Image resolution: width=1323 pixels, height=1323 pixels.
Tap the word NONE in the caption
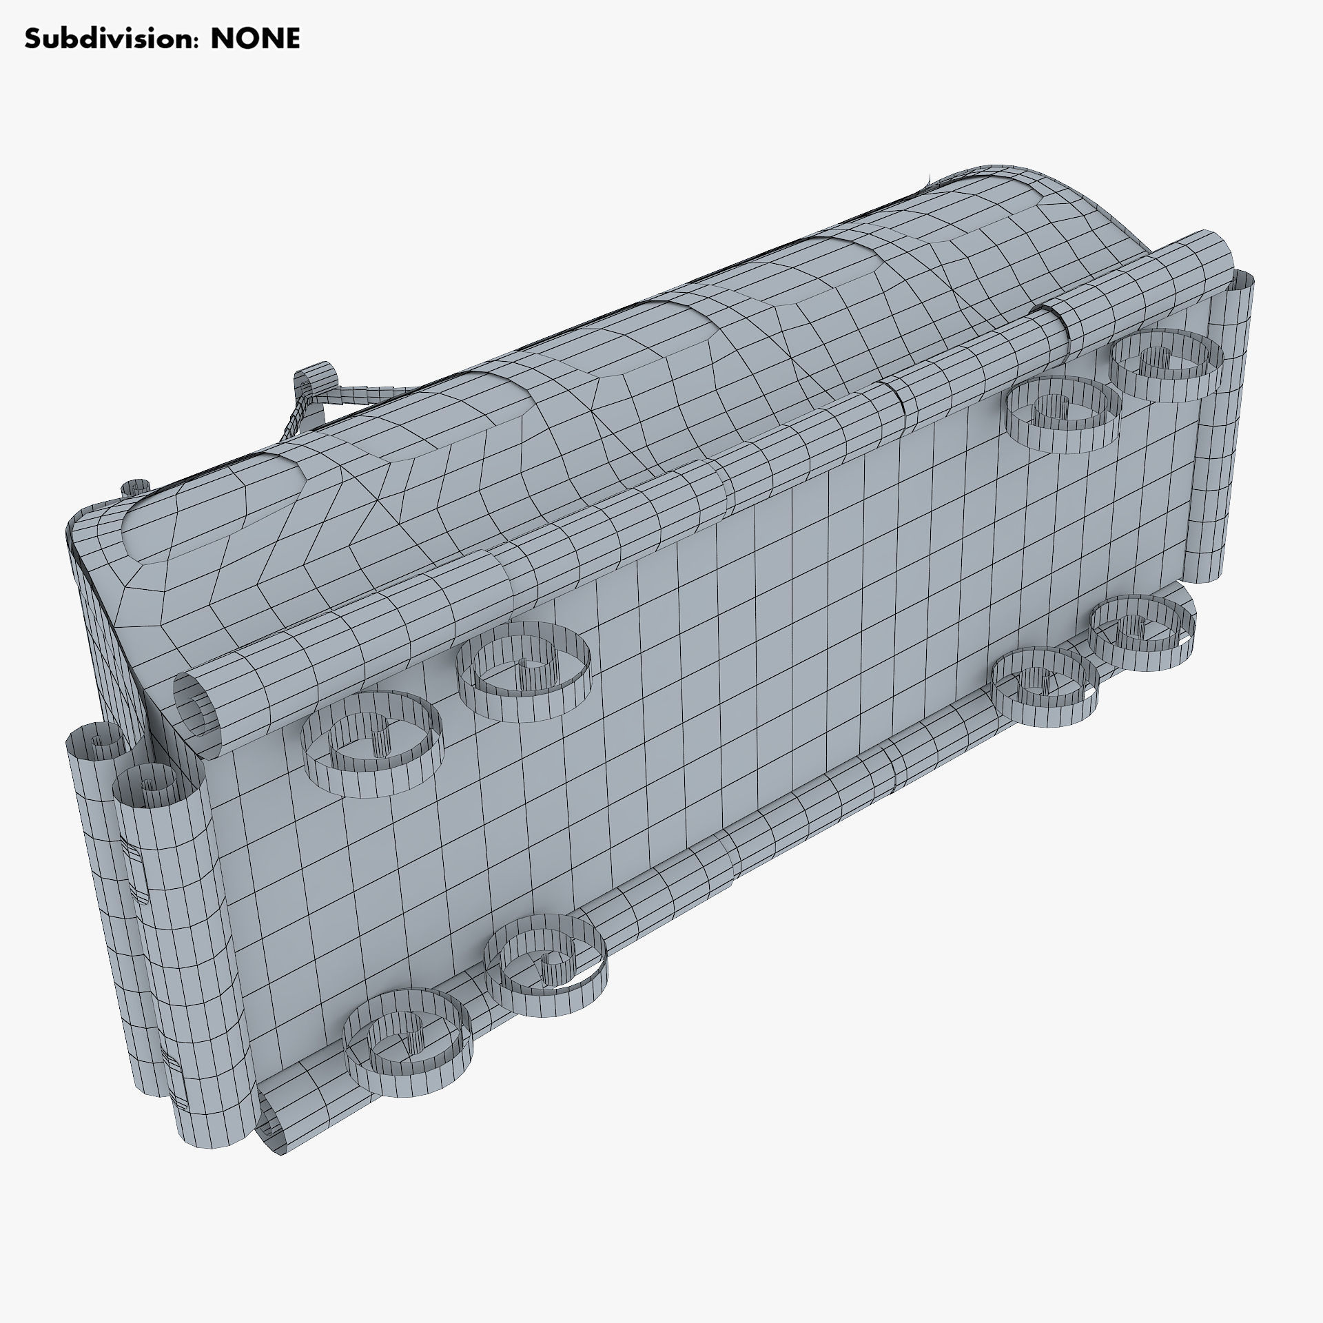tap(255, 39)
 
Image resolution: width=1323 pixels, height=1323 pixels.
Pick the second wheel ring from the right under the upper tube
tap(1061, 413)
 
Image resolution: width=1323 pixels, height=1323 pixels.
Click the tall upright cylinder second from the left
tap(162, 889)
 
